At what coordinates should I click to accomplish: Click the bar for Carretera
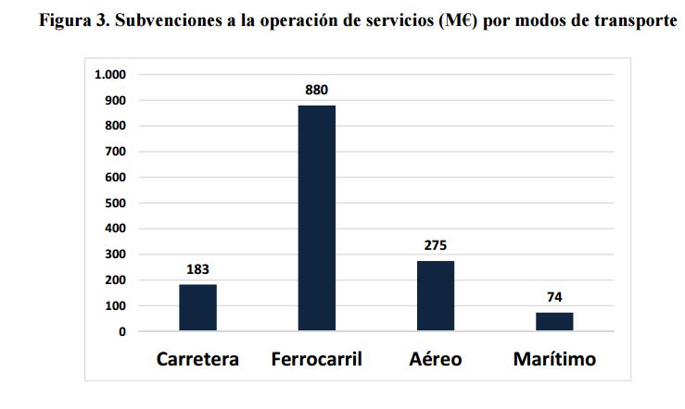(197, 307)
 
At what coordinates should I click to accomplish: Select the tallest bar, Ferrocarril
(316, 218)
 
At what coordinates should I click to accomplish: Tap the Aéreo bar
(435, 295)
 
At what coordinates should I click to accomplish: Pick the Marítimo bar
(554, 321)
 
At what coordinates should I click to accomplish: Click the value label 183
(197, 269)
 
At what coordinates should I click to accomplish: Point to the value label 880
(316, 91)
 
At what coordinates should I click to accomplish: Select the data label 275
(435, 246)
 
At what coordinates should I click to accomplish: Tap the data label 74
(554, 298)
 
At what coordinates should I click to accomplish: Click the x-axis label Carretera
(197, 359)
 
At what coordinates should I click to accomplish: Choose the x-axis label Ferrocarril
(317, 359)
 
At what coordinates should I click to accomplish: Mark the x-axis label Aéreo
(436, 359)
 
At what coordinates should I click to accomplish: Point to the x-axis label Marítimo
(554, 359)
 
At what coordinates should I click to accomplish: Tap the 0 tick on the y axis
(121, 331)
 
